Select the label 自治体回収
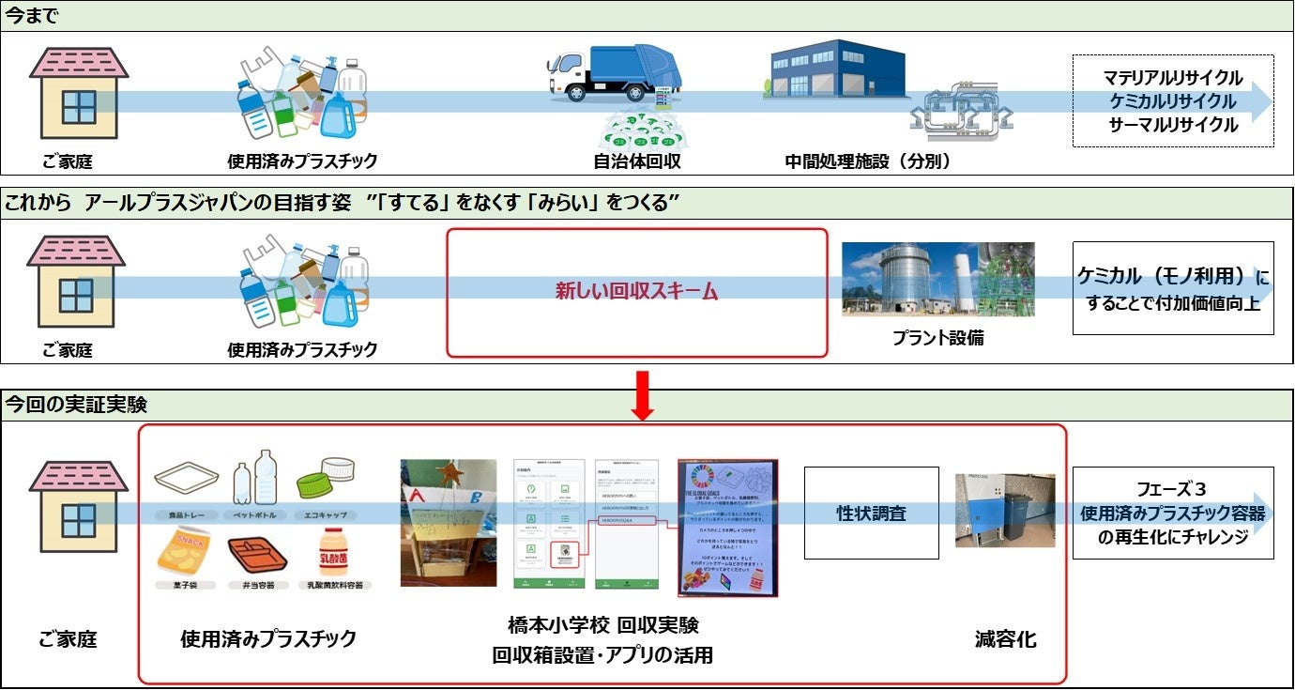click(637, 161)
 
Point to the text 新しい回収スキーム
click(636, 292)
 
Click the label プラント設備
click(937, 338)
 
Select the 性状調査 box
click(872, 514)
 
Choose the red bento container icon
click(257, 555)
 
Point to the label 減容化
click(1005, 640)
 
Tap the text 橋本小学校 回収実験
click(603, 626)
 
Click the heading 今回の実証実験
click(76, 406)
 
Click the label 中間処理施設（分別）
click(868, 161)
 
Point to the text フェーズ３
click(1172, 489)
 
